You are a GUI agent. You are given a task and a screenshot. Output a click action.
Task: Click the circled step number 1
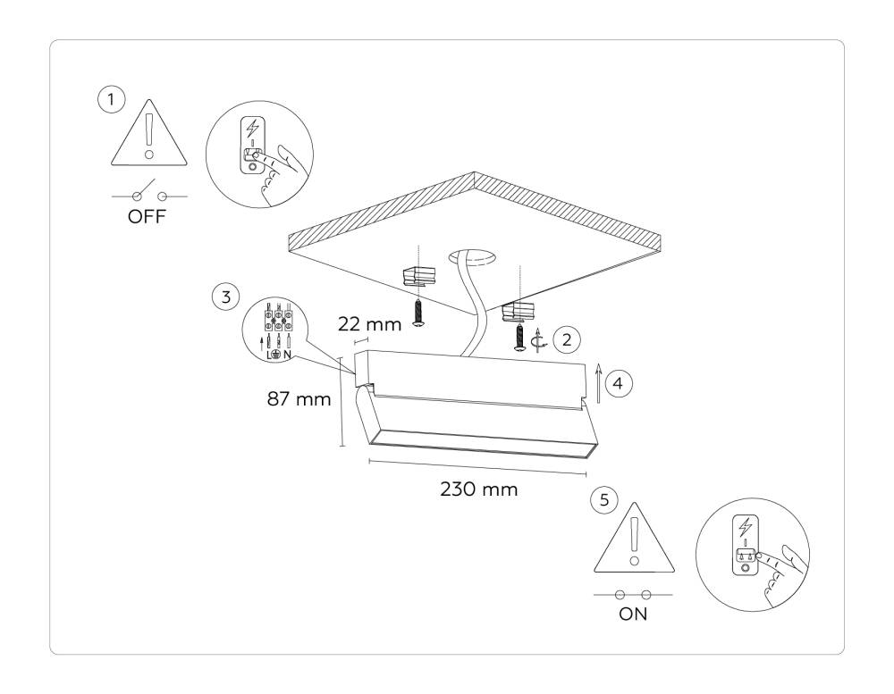tap(111, 100)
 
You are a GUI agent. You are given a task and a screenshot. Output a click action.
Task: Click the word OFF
tap(148, 217)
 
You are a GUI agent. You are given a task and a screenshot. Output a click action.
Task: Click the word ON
tap(633, 615)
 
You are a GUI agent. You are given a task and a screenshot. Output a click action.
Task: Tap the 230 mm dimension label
tap(479, 490)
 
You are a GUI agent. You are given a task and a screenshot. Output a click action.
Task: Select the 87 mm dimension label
tap(298, 399)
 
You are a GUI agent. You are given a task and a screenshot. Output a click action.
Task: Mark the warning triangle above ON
tap(633, 539)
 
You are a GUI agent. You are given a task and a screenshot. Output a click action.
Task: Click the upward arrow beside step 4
tap(598, 386)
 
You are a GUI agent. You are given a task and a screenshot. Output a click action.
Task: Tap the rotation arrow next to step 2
tap(537, 340)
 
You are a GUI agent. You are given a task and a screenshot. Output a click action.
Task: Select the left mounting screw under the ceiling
tap(417, 313)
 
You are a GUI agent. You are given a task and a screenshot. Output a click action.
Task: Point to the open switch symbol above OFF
tap(148, 193)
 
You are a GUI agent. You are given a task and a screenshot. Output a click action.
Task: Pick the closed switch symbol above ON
tap(633, 593)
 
